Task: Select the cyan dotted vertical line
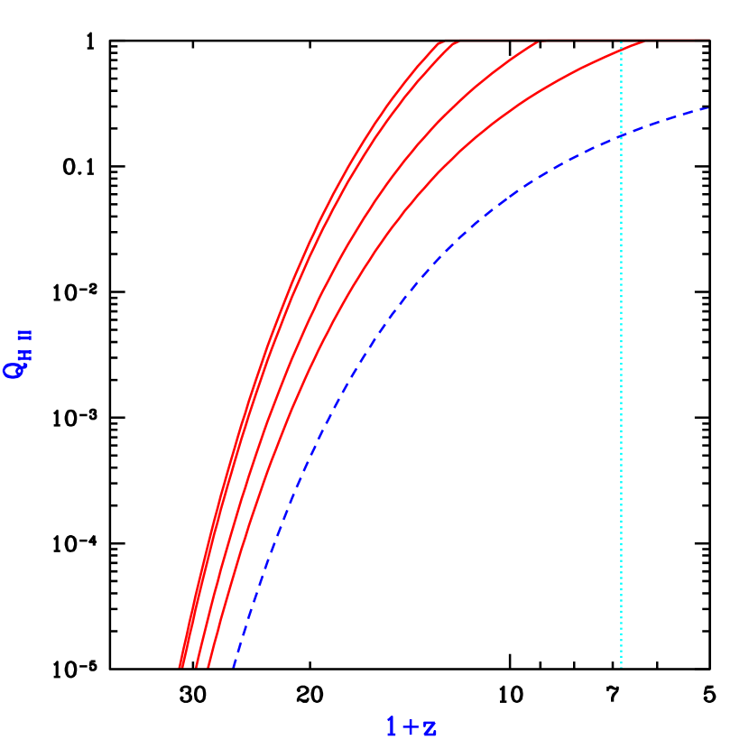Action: [621, 406]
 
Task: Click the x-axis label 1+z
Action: [411, 726]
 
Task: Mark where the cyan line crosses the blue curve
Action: [621, 135]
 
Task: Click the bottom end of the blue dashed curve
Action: [234, 666]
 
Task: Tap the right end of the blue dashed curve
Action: [709, 108]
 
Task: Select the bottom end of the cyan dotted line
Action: [621, 666]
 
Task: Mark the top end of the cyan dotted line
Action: [621, 42]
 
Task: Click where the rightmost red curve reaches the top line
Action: [646, 41]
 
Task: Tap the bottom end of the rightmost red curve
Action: [208, 666]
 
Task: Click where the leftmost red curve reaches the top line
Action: [439, 41]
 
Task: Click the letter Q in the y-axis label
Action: [14, 369]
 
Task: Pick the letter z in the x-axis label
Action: [430, 727]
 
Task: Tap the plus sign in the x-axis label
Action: [411, 726]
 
